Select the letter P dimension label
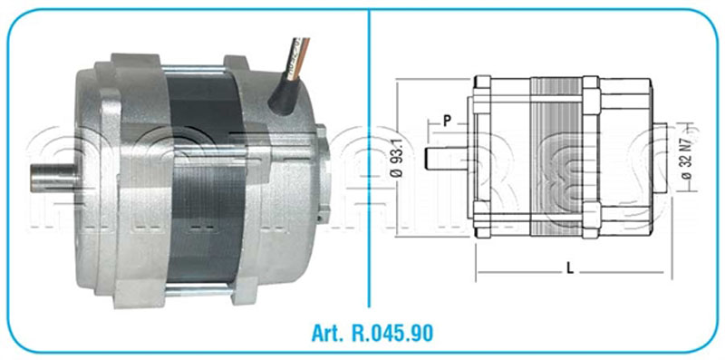[447, 120]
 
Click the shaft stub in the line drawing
[449, 154]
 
